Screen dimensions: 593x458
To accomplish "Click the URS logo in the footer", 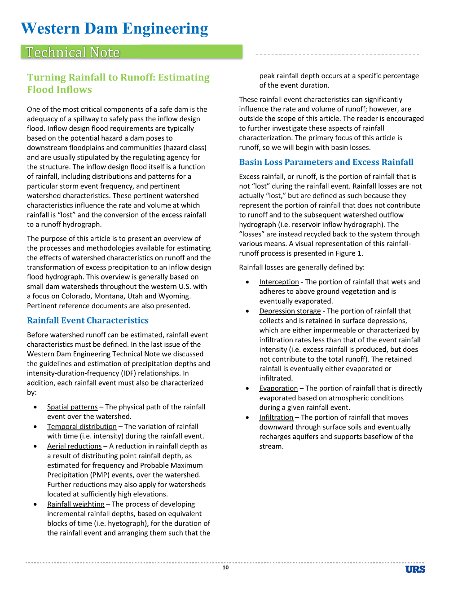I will tap(415, 569).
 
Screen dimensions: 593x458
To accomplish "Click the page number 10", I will tap(225, 567).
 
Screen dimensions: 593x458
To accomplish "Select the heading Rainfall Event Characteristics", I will tap(88, 320).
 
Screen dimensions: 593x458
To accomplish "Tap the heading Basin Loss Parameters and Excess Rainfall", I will tap(326, 162).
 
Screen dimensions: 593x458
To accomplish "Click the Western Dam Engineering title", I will tap(114, 29).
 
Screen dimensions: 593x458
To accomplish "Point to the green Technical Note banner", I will tap(132, 52).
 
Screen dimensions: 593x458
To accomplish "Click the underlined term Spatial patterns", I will tap(72, 407).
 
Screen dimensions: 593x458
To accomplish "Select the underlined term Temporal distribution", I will tap(82, 426).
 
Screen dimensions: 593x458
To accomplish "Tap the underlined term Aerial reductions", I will tap(75, 446).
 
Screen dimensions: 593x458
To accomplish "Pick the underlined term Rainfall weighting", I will tap(76, 504).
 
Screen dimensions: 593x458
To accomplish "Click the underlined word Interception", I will tap(279, 282).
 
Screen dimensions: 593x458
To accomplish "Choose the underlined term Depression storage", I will tap(290, 311).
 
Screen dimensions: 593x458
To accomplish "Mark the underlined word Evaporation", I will tap(278, 388).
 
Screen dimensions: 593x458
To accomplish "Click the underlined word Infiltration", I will tap(276, 417).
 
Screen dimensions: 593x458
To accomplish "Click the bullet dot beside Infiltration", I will tap(247, 417).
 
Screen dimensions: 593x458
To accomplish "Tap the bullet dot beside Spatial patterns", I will tap(35, 407).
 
